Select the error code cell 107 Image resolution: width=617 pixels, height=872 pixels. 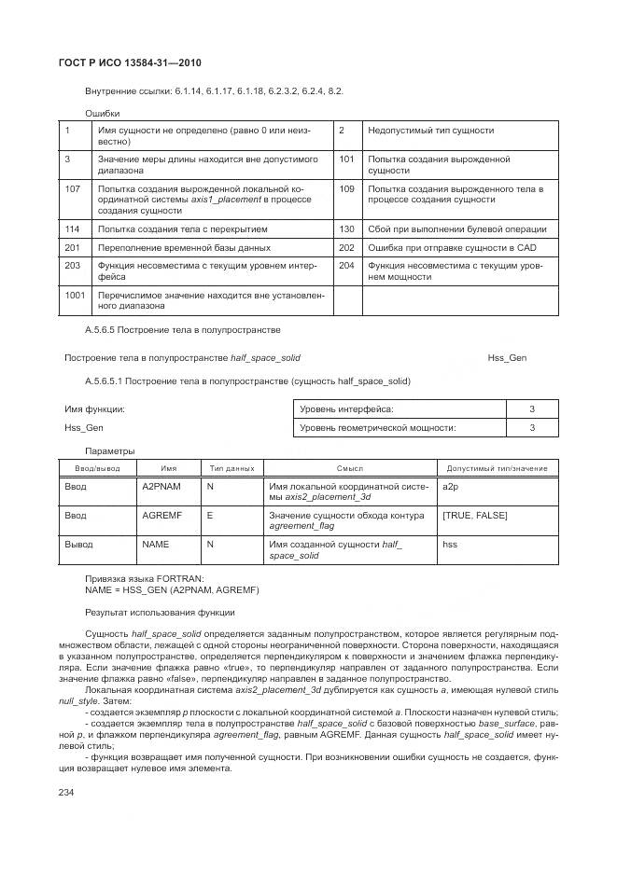(74, 189)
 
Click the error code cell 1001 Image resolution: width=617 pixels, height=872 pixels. (76, 296)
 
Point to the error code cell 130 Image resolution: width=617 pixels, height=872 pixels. (347, 228)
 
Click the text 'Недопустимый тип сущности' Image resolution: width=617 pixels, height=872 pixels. (430, 131)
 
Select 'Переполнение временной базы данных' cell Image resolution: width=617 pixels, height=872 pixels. (184, 248)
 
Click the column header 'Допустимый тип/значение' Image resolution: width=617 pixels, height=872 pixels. (497, 467)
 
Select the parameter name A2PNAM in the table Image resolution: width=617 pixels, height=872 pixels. (161, 487)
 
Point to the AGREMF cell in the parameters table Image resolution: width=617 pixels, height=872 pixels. (161, 515)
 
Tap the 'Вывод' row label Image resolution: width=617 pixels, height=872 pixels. (78, 543)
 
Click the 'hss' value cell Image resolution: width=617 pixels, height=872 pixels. (449, 543)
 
